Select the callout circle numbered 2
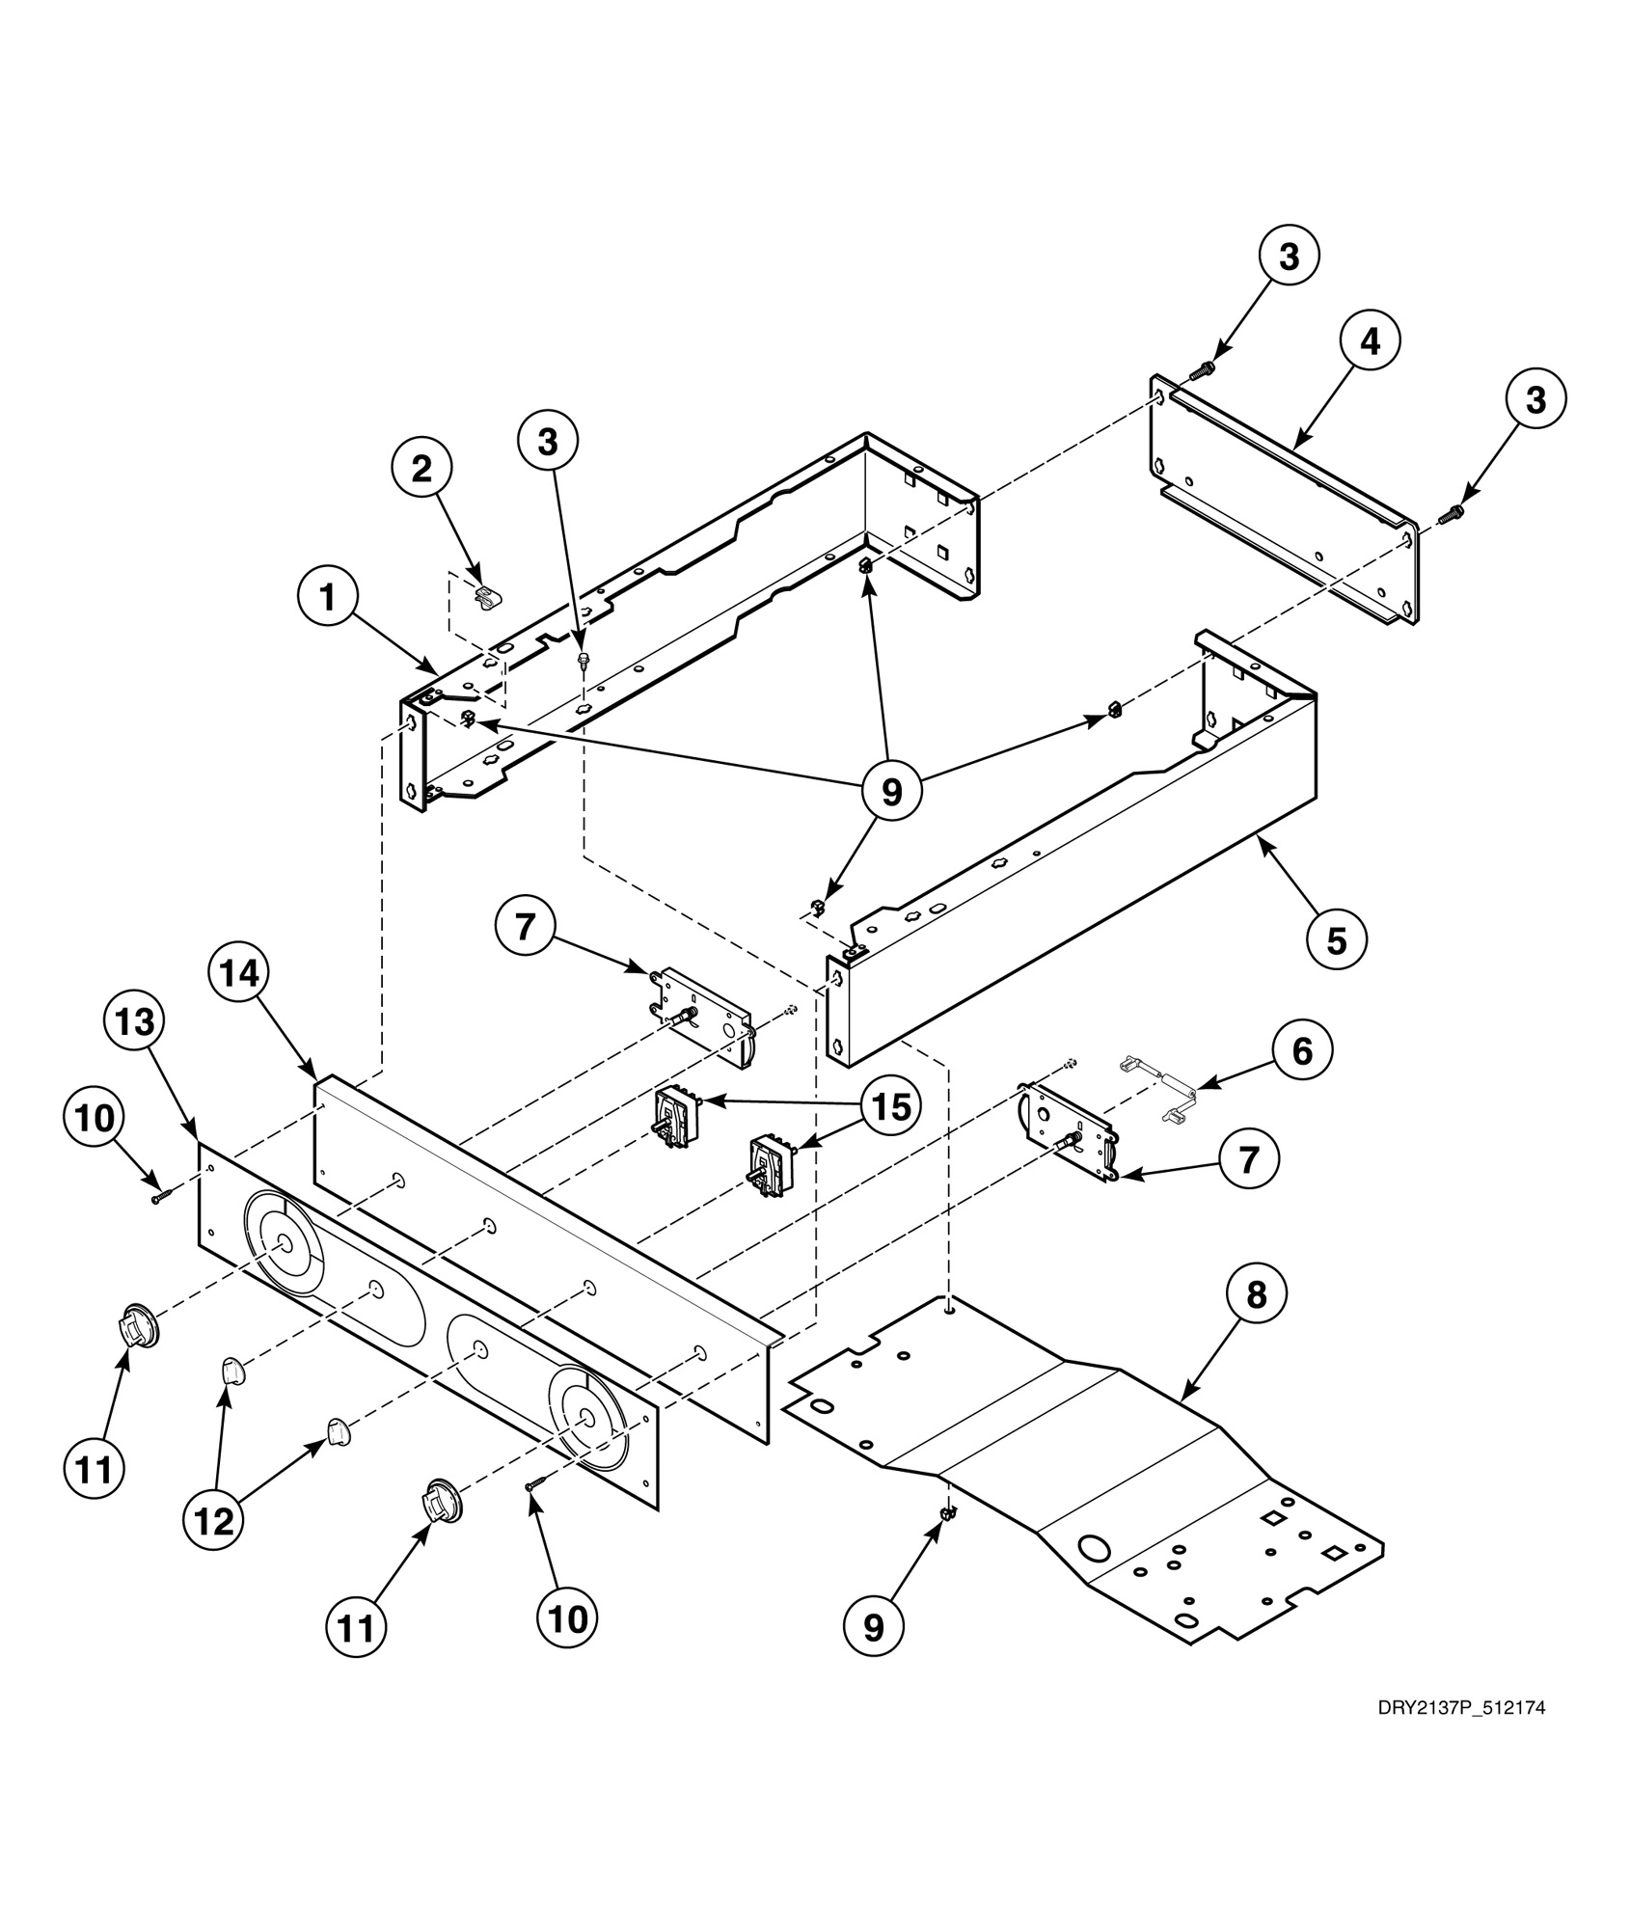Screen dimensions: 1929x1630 click(421, 470)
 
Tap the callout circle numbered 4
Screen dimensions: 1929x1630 click(1370, 341)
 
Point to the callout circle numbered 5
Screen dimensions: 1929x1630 click(1336, 938)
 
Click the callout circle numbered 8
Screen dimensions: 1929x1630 click(1256, 1295)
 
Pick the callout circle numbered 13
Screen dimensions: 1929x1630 click(135, 1022)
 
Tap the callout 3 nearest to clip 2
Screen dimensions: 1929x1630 click(548, 443)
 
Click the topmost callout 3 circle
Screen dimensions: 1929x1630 click(1289, 257)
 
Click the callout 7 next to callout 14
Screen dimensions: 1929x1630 click(525, 927)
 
